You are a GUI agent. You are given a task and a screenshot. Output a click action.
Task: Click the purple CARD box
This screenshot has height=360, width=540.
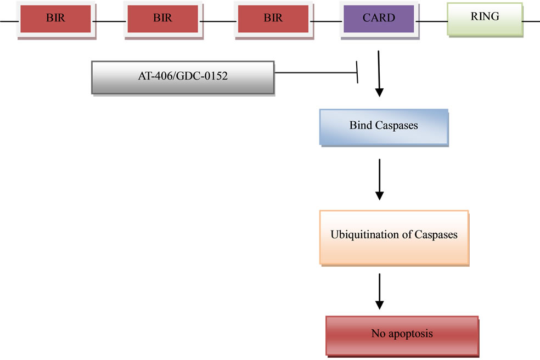coord(379,19)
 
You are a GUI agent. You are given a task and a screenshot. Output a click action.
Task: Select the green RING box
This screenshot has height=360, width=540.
coord(485,19)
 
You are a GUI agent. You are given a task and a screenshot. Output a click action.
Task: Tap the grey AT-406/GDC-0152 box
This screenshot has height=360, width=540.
coord(183,77)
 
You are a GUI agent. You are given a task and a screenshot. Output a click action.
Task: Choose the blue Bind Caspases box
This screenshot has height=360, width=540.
coord(384,127)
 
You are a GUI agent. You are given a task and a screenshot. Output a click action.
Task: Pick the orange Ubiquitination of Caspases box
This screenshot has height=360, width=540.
coord(395,238)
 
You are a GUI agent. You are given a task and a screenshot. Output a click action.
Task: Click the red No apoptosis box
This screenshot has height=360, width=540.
coord(402,335)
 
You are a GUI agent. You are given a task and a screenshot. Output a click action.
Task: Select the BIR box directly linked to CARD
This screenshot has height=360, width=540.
coord(273,19)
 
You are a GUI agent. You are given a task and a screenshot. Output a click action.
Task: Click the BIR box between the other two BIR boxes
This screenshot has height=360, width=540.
coord(162,19)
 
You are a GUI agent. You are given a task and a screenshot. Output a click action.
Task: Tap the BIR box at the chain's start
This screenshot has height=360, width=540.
coord(55,19)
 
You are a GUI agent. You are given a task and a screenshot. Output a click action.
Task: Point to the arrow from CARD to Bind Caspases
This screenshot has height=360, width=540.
coord(379,74)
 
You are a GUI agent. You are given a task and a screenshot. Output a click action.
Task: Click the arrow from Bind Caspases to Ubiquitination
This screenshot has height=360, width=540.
coord(380,179)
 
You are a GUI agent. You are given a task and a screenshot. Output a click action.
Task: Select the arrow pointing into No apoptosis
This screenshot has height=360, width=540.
coord(380,291)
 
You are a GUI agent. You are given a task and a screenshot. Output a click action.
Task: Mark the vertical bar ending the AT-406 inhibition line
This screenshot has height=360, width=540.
coord(357,72)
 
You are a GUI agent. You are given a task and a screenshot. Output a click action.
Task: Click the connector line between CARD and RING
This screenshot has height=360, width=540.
coord(432,21)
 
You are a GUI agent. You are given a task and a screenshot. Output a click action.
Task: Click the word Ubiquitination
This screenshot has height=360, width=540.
coord(367,234)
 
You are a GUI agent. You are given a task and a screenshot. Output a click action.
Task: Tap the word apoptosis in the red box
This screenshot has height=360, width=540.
coord(410,334)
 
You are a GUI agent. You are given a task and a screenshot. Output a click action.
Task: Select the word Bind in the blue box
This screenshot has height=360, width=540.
coord(361,125)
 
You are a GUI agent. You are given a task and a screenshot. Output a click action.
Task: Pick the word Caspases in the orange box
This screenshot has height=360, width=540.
coord(436,234)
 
